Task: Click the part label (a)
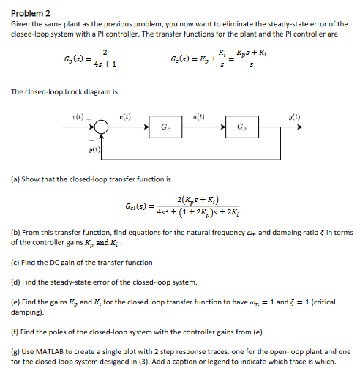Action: point(15,179)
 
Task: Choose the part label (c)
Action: point(15,262)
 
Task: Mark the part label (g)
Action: point(15,351)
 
